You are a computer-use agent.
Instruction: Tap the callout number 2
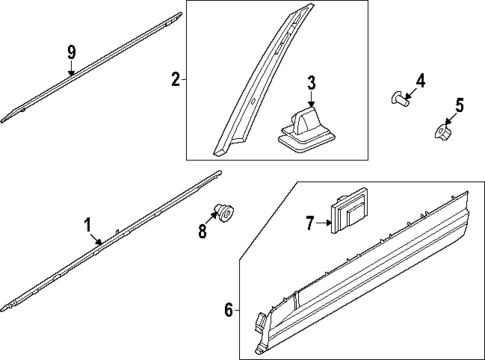pos(175,78)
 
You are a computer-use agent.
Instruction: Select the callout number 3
pos(311,82)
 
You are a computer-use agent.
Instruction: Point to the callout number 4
pos(420,80)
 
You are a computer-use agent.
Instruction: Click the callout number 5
pos(460,104)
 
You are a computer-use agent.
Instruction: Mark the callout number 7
pos(310,222)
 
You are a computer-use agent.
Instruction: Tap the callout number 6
pos(229,311)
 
